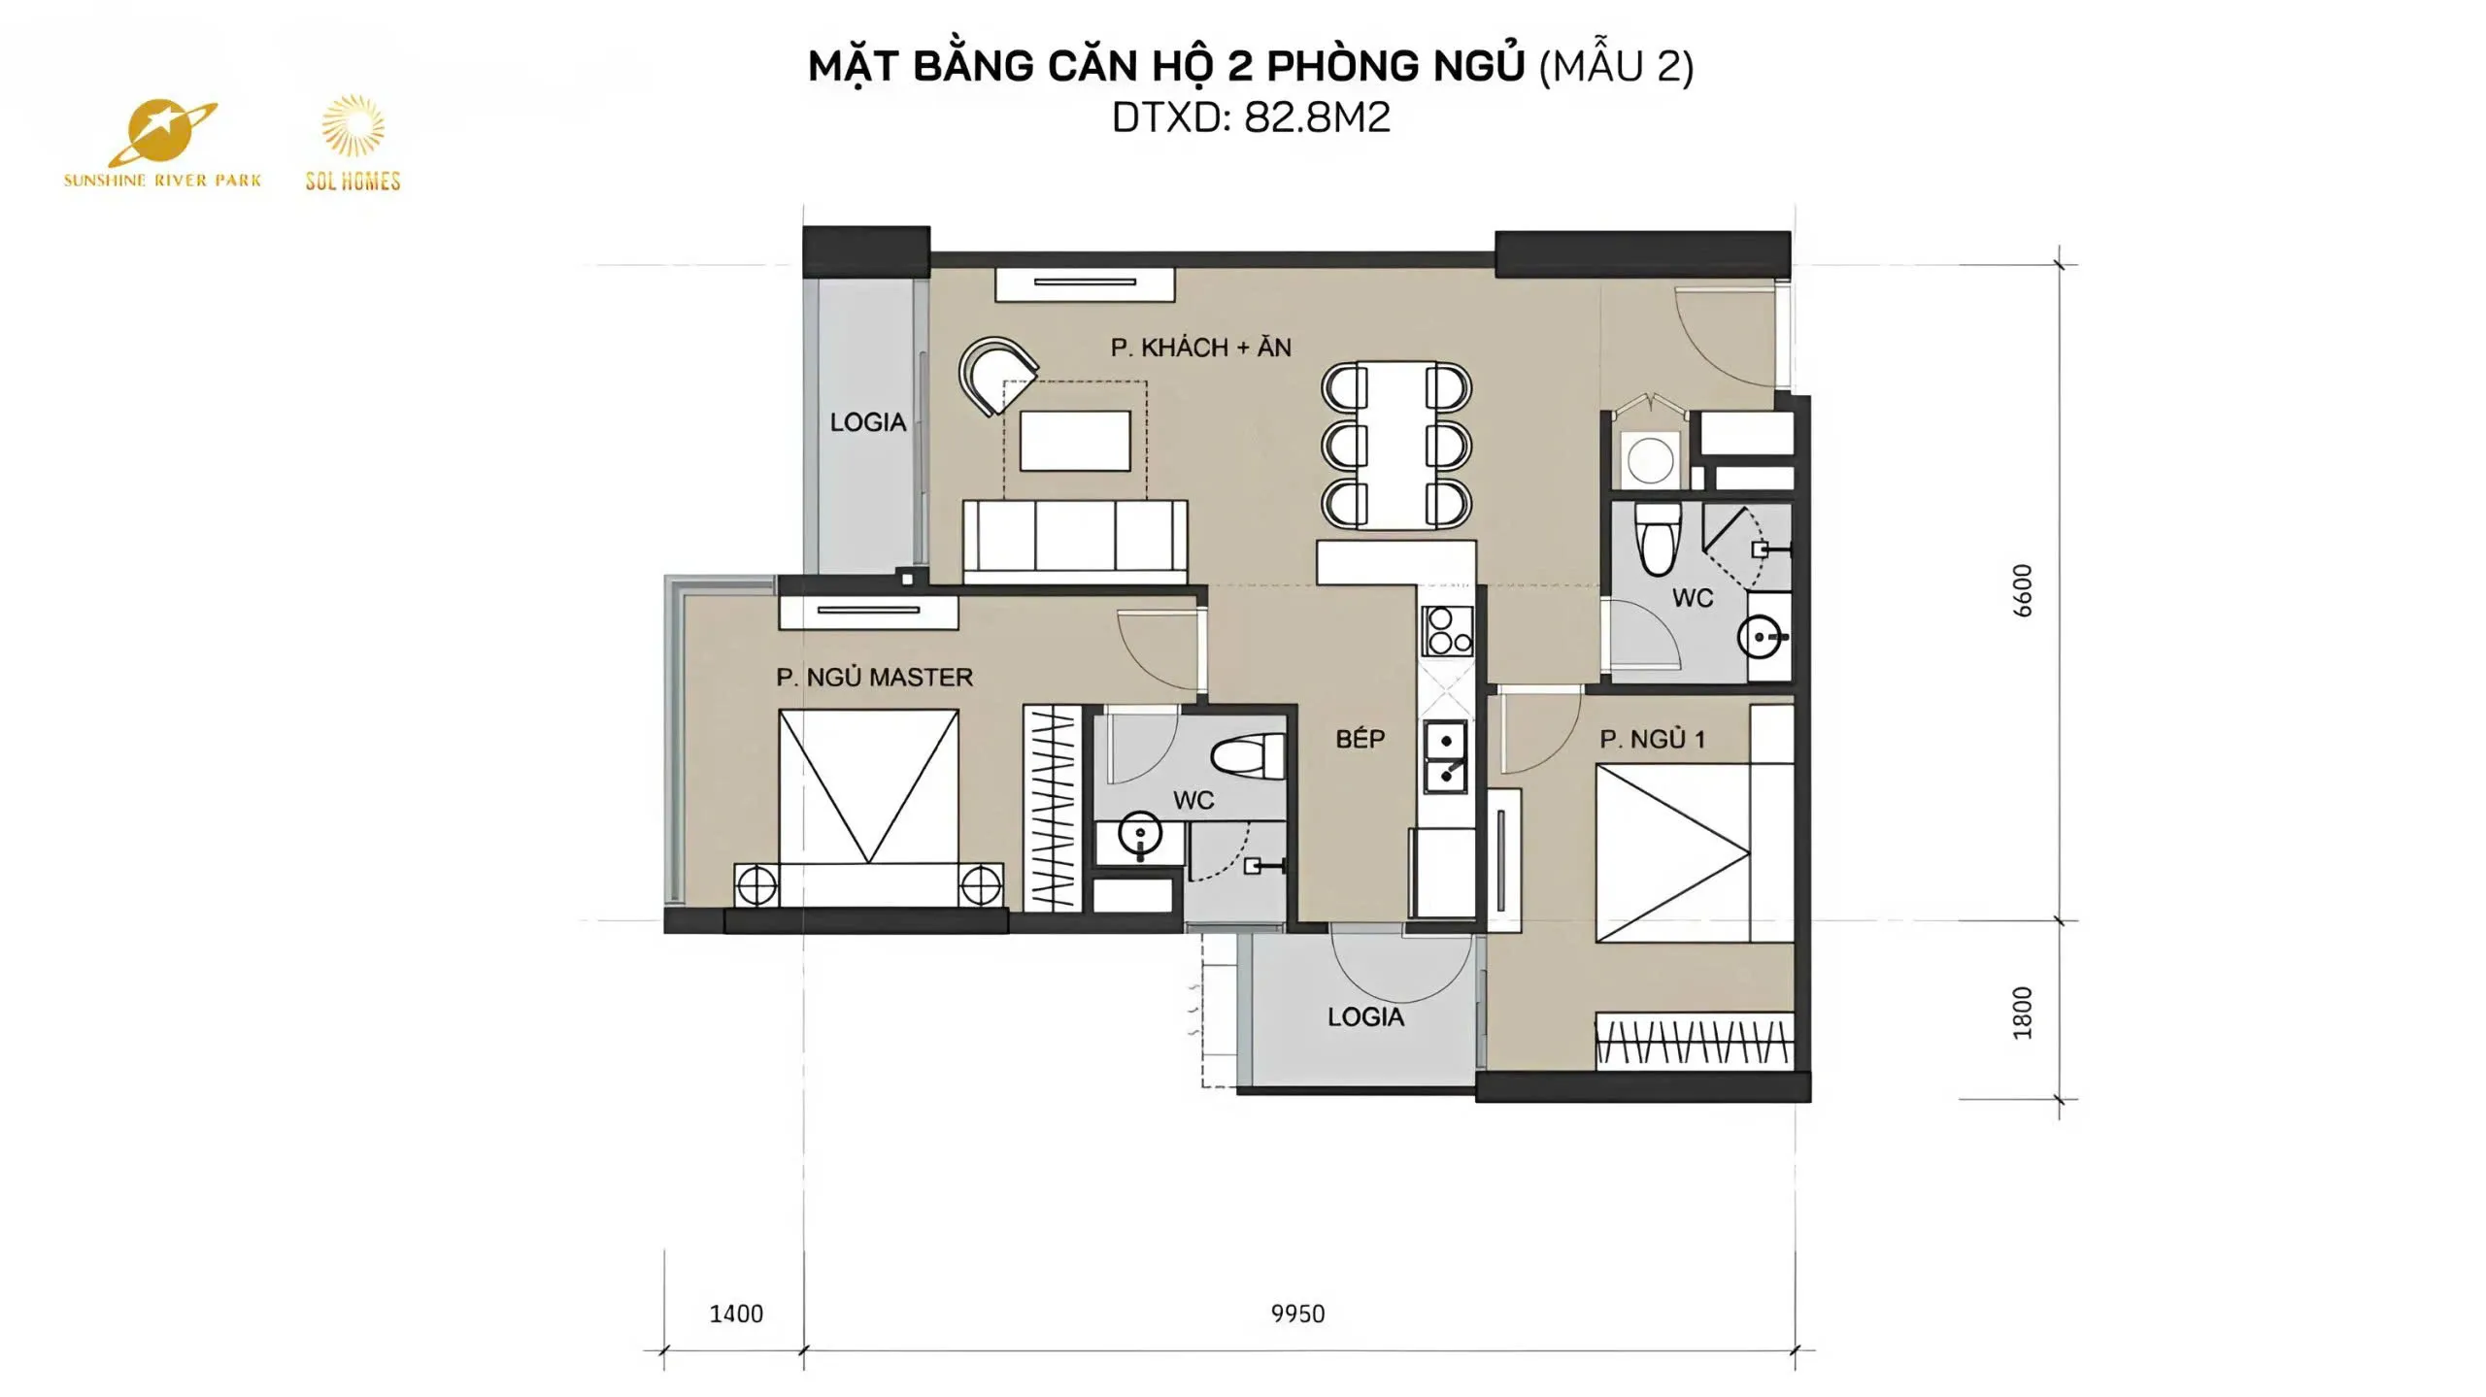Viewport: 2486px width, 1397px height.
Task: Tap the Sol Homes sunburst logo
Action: [353, 143]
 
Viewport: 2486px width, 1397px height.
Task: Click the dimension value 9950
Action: [1297, 1314]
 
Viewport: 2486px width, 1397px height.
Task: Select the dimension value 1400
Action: [736, 1314]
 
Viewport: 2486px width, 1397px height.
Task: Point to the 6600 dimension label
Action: [2022, 590]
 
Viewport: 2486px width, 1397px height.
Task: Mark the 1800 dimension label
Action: [2022, 1013]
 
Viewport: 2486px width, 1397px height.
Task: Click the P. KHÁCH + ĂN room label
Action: [1200, 348]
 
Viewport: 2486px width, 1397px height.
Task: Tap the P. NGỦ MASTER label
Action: [874, 677]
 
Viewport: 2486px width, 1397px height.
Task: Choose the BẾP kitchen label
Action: [1360, 738]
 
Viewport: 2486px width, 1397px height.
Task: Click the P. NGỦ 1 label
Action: [1652, 739]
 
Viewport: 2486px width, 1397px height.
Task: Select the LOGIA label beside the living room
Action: [867, 422]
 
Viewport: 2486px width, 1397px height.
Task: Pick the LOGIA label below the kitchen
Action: [1365, 1016]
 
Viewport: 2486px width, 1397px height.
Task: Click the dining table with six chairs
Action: [1396, 446]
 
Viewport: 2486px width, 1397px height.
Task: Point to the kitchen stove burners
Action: [1447, 631]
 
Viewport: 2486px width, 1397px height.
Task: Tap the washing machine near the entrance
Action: [1650, 459]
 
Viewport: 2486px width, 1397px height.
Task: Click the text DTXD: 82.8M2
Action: [1251, 117]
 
